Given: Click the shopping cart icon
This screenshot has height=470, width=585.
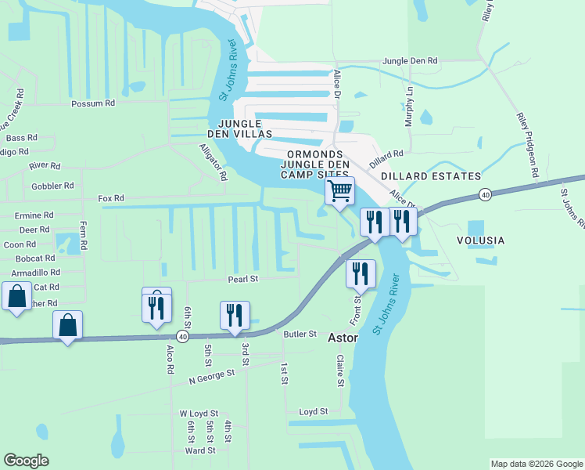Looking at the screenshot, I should point(339,190).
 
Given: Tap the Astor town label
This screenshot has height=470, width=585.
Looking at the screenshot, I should point(342,338).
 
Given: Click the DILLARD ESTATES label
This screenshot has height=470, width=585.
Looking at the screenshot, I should point(431,176).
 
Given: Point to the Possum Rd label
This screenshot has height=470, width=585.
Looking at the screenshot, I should point(92,103).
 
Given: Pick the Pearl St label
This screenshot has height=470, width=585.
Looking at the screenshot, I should point(242,279).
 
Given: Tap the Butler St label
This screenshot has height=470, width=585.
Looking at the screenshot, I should point(299,334).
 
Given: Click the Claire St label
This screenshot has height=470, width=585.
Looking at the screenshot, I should point(340,371).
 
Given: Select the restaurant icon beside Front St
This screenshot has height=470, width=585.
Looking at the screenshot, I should point(361,273).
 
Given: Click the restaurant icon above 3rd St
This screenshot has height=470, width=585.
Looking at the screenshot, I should point(235,316).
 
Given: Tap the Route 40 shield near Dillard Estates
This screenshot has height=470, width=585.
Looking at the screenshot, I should point(486,194).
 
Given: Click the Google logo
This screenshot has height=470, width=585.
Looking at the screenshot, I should point(26,461).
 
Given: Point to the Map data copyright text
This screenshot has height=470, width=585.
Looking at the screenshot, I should point(536,464).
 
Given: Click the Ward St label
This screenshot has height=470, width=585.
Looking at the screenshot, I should point(200,450).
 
